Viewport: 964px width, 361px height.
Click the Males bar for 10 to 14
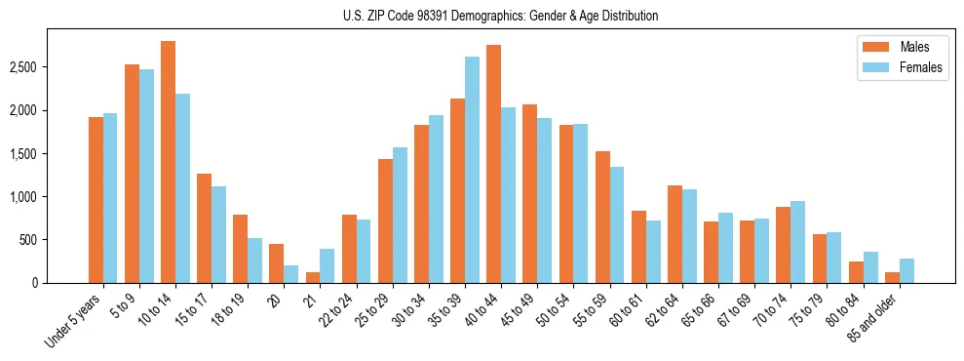coord(168,162)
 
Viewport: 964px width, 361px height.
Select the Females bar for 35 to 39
coord(472,170)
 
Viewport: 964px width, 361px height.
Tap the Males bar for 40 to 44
coord(493,164)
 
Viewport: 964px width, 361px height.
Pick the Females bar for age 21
coord(328,265)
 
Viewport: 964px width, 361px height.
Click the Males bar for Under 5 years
coord(96,200)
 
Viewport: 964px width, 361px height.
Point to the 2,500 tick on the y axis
coord(23,67)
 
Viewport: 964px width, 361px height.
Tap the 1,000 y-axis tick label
coord(23,197)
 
